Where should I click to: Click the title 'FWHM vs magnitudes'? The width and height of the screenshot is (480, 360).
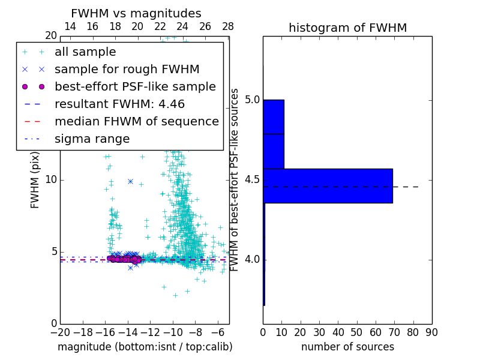click(136, 13)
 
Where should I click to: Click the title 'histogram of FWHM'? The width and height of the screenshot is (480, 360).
click(347, 28)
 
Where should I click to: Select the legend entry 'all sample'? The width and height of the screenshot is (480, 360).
click(85, 52)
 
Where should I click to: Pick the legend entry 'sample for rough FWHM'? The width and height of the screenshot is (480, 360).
click(127, 69)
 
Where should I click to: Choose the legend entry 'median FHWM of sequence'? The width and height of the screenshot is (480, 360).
click(136, 121)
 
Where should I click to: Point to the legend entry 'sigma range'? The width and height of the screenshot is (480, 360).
click(92, 139)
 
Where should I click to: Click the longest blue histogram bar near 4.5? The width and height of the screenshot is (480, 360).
click(328, 186)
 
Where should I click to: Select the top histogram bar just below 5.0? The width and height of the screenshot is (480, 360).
click(274, 117)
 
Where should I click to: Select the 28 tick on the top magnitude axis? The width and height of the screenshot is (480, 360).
click(228, 26)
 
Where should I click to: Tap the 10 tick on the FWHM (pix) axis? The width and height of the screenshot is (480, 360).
click(51, 180)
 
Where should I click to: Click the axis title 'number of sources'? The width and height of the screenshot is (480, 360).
click(347, 347)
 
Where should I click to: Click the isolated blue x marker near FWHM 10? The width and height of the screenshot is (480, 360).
click(130, 181)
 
